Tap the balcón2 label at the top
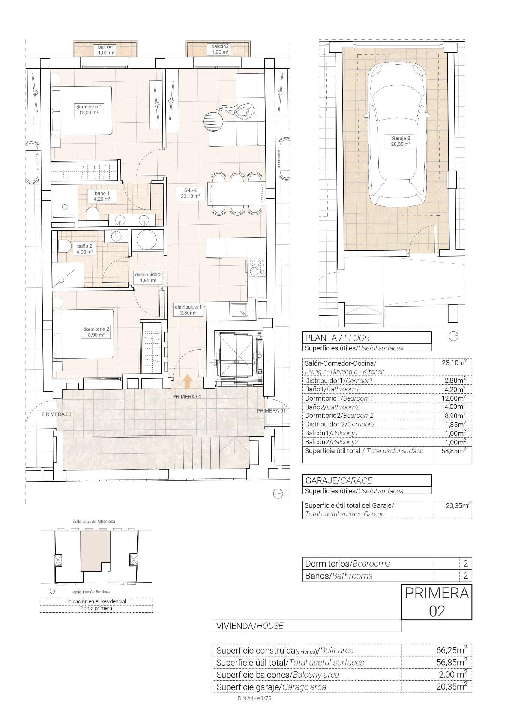[220, 49]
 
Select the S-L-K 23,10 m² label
[191, 193]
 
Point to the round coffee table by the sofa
[213, 121]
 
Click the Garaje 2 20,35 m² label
[400, 141]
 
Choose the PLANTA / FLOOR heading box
[367, 337]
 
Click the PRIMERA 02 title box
[437, 602]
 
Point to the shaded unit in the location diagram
[95, 550]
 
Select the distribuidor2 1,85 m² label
[148, 277]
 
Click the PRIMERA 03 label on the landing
[57, 414]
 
